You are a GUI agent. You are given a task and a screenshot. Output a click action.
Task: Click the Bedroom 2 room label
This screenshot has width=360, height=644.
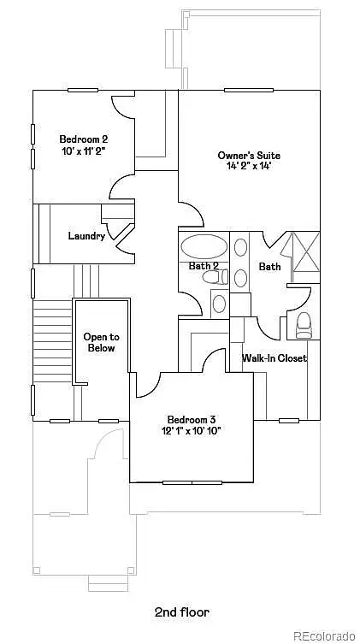click(84, 139)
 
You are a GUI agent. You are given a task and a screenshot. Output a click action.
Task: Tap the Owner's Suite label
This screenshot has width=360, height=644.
click(249, 156)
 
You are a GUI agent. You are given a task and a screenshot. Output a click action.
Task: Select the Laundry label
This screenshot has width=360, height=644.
click(86, 236)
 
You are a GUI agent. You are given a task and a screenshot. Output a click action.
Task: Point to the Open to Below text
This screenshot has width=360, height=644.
click(102, 343)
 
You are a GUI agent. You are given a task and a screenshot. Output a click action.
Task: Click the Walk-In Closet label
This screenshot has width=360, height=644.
click(274, 357)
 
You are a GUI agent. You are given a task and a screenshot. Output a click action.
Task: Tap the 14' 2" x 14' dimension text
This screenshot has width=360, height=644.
click(249, 166)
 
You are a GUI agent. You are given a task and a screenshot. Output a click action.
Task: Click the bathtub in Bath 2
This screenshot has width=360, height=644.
click(204, 246)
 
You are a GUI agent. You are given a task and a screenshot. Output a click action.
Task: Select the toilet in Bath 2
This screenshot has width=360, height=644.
click(215, 276)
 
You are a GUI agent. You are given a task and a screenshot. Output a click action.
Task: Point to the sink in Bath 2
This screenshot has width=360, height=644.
click(220, 304)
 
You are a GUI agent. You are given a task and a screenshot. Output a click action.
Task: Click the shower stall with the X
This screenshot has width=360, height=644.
click(305, 251)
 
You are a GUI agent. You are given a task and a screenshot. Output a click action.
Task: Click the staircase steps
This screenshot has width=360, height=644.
click(52, 341)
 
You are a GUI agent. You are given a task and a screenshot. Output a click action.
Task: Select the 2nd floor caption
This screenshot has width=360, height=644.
click(182, 612)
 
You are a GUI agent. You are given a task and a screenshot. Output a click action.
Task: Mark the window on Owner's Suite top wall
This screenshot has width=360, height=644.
click(249, 90)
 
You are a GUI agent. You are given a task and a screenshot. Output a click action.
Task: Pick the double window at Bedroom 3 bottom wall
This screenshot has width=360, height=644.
click(192, 482)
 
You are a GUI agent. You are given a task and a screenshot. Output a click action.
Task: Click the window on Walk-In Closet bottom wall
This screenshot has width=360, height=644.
click(289, 421)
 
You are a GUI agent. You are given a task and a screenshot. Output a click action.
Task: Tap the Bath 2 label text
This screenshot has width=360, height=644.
click(204, 266)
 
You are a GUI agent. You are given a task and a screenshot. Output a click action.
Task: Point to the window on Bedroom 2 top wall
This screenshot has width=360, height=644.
click(83, 90)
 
